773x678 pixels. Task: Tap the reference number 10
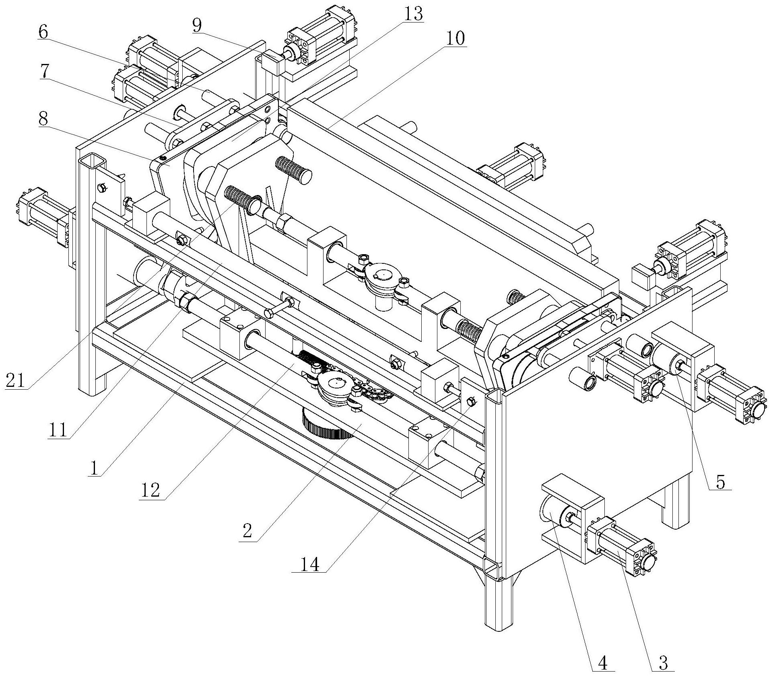point(455,39)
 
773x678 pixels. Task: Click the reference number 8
point(43,119)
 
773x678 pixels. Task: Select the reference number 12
point(150,490)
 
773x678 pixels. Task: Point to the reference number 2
point(248,531)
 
